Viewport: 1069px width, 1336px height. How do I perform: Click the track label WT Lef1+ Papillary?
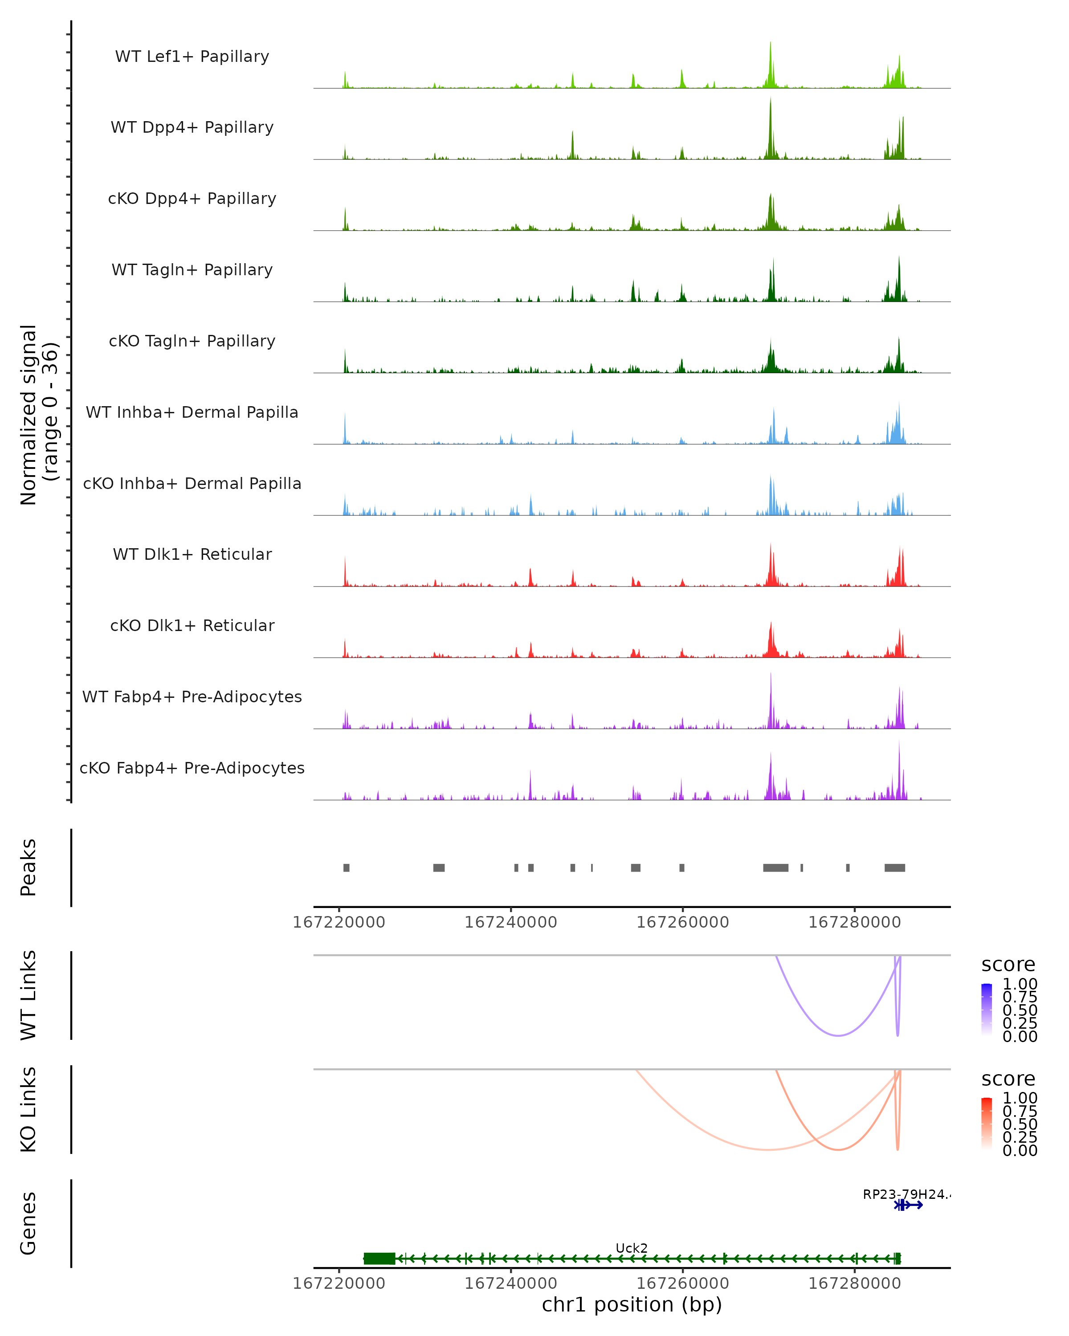click(192, 57)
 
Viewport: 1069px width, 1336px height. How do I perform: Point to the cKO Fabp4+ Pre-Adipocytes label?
click(192, 768)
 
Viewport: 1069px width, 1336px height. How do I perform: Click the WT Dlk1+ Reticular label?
click(192, 554)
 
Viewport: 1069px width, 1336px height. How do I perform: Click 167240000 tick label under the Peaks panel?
click(510, 923)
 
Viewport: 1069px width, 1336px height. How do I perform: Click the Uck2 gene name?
click(632, 1248)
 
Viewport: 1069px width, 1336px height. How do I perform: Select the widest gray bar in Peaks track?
click(775, 868)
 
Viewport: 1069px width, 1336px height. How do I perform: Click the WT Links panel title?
click(29, 995)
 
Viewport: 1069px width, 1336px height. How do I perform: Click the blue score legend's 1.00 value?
click(1020, 984)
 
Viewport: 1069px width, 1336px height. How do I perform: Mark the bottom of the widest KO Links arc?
click(768, 1149)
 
